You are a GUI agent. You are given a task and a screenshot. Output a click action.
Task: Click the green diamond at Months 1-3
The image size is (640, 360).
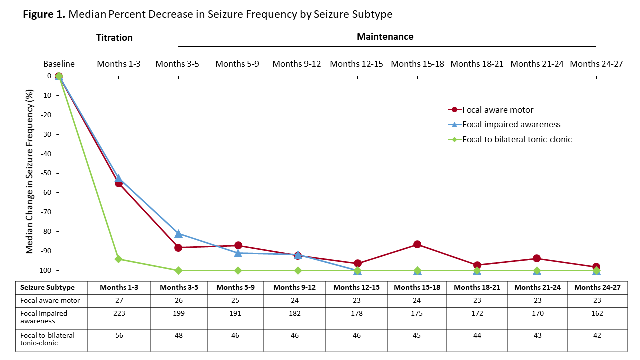[118, 259]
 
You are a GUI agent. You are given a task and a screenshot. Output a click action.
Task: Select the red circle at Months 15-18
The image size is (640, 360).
[417, 244]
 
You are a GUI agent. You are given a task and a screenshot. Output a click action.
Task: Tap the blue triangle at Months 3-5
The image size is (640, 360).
[178, 233]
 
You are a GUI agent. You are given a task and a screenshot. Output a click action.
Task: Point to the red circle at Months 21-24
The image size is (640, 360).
[537, 258]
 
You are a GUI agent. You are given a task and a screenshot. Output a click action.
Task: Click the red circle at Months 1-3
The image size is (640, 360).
[118, 183]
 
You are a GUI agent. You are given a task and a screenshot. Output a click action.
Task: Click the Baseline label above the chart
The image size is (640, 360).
[59, 64]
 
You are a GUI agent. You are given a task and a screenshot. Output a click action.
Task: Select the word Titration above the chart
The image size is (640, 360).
[114, 38]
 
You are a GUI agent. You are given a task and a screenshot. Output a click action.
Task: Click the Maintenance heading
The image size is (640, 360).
[385, 37]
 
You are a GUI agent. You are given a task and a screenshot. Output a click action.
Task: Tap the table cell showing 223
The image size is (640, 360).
[118, 313]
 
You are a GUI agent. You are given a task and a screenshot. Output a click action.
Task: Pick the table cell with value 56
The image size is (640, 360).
[118, 336]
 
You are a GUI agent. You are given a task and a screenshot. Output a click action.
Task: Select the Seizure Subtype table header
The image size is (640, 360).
[47, 287]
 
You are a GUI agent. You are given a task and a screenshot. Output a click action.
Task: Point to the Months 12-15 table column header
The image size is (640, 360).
[357, 287]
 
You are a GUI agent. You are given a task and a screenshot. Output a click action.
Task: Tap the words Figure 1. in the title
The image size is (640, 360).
[44, 14]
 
